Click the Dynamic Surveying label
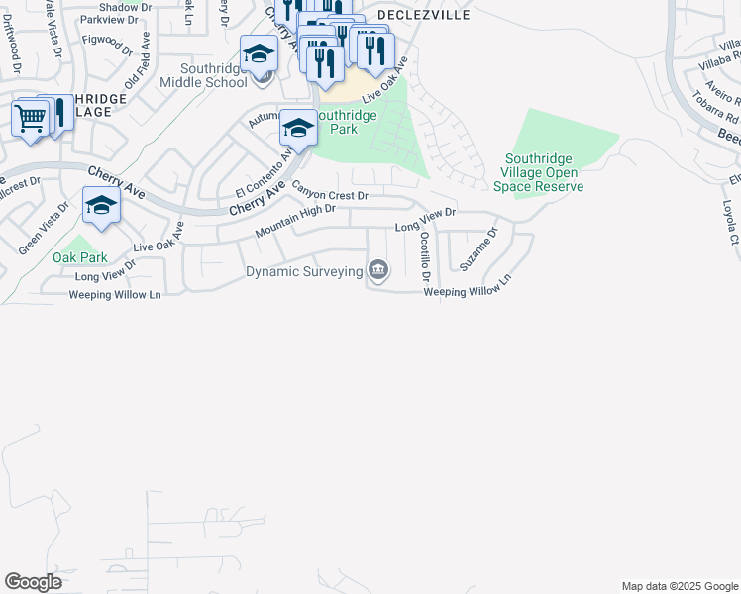(302, 271)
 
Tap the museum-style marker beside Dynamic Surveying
(377, 269)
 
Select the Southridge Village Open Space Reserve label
(544, 172)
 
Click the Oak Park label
(80, 257)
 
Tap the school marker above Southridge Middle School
(259, 53)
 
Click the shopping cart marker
(30, 119)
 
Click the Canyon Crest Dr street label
(329, 196)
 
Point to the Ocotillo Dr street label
(425, 252)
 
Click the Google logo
(33, 582)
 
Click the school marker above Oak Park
(101, 205)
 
